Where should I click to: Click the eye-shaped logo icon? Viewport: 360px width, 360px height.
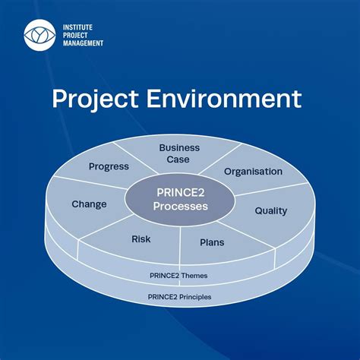tap(39, 34)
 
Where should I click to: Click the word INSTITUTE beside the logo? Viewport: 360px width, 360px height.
tap(81, 26)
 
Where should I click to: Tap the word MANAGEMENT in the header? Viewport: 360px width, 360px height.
tap(85, 43)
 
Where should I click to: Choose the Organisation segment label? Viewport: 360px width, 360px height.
tap(253, 172)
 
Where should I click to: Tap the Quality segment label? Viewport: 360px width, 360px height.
tap(270, 210)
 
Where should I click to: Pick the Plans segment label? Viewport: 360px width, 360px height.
tap(212, 242)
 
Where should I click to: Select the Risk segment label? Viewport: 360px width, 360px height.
tap(141, 239)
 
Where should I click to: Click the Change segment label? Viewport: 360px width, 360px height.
tap(89, 204)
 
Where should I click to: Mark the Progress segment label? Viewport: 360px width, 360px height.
tap(109, 166)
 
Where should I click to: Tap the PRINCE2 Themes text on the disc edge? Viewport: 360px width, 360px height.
tap(180, 275)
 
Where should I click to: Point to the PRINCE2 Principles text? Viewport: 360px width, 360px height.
tap(180, 296)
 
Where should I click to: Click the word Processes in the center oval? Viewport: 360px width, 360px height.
tap(180, 207)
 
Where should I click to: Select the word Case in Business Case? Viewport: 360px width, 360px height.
tap(179, 159)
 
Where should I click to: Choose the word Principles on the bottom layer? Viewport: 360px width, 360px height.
tap(195, 296)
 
